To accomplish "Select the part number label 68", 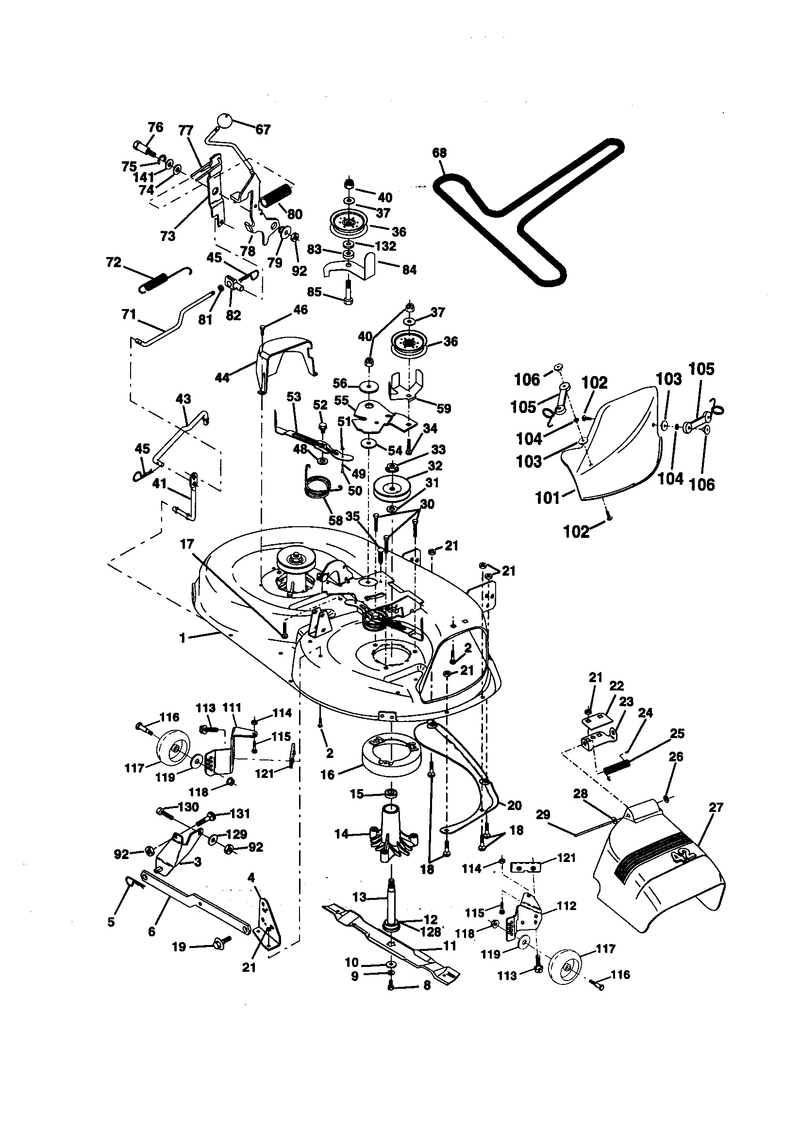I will coord(439,153).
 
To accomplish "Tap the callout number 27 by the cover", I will coord(716,808).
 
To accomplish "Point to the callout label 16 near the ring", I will coord(328,775).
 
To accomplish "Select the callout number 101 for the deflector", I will coord(548,497).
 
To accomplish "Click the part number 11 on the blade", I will coord(450,946).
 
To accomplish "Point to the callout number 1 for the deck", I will coord(183,638).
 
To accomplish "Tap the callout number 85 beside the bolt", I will coord(315,292).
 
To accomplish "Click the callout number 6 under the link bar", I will coord(151,931).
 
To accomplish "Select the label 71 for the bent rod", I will coord(128,315).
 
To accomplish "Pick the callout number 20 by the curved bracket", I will coord(514,806).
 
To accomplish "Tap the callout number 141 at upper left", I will coord(143,178).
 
